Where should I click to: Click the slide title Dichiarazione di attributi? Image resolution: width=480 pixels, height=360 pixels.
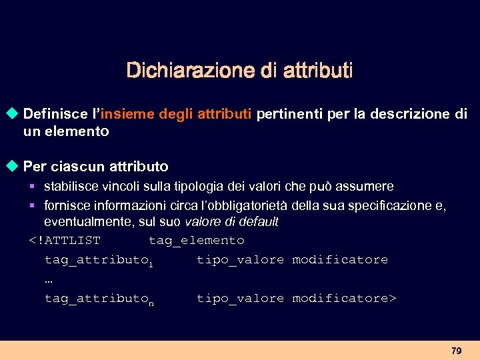click(x=239, y=70)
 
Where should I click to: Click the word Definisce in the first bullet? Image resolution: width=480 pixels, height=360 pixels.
click(x=55, y=114)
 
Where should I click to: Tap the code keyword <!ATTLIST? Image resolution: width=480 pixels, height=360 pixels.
click(x=65, y=240)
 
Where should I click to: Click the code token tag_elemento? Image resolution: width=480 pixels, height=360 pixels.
click(x=196, y=240)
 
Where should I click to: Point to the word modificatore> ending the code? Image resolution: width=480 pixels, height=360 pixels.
click(x=344, y=299)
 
